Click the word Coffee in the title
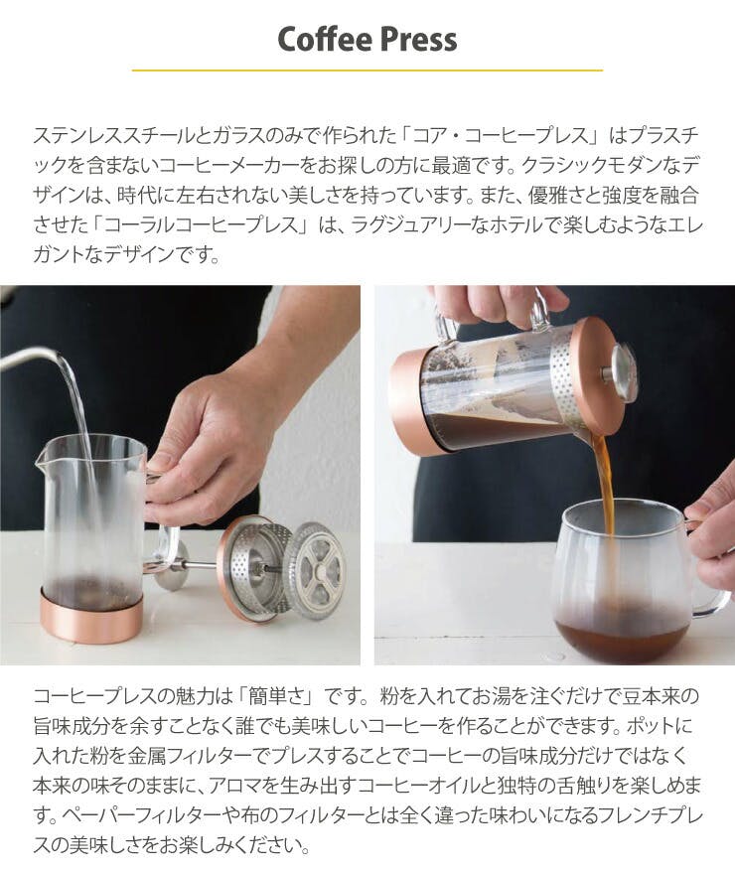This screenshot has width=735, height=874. pyautogui.click(x=325, y=39)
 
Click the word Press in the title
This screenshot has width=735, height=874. pyautogui.click(x=419, y=39)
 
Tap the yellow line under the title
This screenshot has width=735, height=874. pyautogui.click(x=367, y=71)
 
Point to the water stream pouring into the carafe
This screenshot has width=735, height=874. pyautogui.click(x=79, y=424)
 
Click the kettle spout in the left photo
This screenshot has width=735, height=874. pyautogui.click(x=28, y=357)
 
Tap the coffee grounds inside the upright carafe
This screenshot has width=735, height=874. pyautogui.click(x=89, y=591)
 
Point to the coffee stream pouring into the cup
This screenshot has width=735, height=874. pyautogui.click(x=605, y=491)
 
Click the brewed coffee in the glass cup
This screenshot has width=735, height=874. pyautogui.click(x=613, y=636)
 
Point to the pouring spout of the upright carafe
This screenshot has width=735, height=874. pyautogui.click(x=40, y=458)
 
